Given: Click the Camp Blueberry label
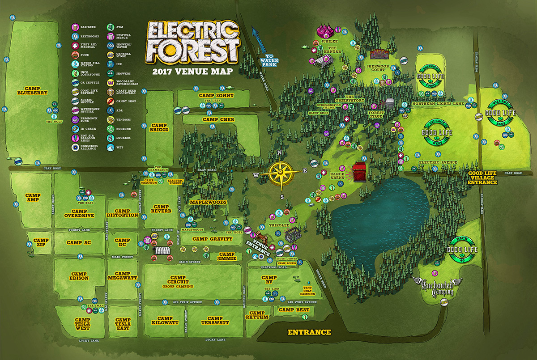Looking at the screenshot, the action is (x=30, y=90).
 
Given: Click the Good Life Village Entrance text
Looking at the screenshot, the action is (x=482, y=177).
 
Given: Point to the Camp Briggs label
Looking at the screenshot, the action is (x=159, y=127).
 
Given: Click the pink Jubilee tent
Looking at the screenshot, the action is (x=327, y=31).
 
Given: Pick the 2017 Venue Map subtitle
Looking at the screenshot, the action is (x=192, y=71).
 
